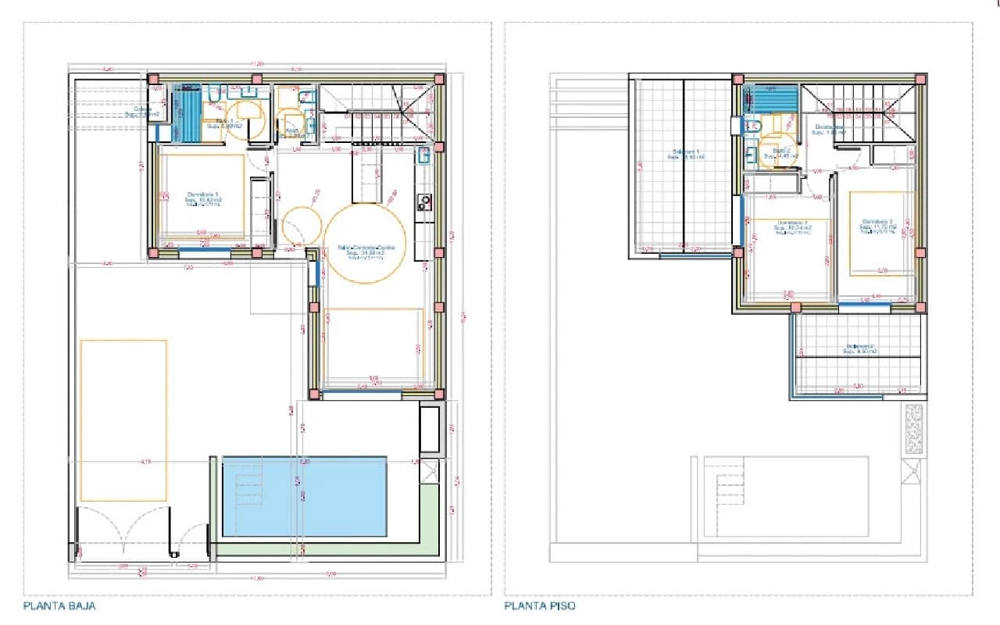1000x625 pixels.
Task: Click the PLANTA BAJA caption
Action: point(59,605)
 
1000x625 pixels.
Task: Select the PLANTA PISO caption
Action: point(540,605)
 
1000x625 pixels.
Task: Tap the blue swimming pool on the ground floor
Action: point(305,497)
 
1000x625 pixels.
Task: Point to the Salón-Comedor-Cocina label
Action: point(366,248)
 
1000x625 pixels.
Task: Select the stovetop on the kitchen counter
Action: point(424,203)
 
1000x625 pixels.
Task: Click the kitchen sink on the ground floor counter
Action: point(423,155)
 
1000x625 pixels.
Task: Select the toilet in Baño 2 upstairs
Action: point(753,126)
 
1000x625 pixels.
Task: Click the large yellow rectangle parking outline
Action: point(123,420)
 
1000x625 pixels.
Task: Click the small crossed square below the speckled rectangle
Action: point(912,472)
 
